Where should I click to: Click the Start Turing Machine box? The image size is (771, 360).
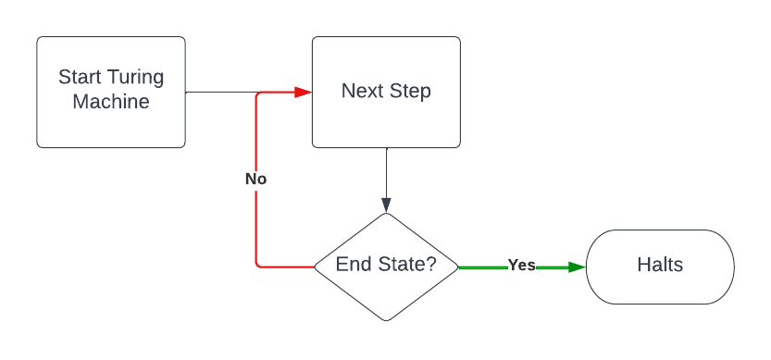pos(111,93)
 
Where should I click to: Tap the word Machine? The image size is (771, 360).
pos(111,102)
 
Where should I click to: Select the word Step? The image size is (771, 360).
pos(409,92)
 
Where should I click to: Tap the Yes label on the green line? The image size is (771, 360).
pos(521,266)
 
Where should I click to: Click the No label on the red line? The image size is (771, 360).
pos(255,179)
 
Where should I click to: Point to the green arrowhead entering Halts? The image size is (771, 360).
pos(577,267)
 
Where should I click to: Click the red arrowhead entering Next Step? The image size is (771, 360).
pos(302,93)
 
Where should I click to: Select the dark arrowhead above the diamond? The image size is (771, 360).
pos(386,205)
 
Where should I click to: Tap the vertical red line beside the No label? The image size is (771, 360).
pos(255,222)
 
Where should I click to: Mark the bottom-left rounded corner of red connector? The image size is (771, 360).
pos(258,264)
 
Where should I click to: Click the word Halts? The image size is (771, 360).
pos(660,266)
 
